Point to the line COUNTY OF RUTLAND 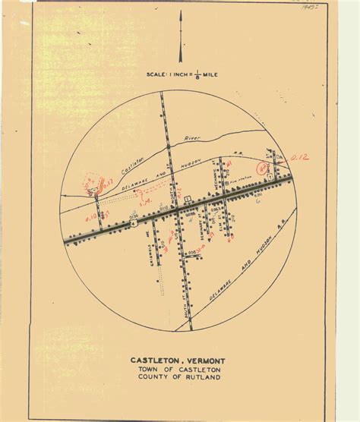coord(180,376)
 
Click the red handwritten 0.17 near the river coord(106,182)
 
